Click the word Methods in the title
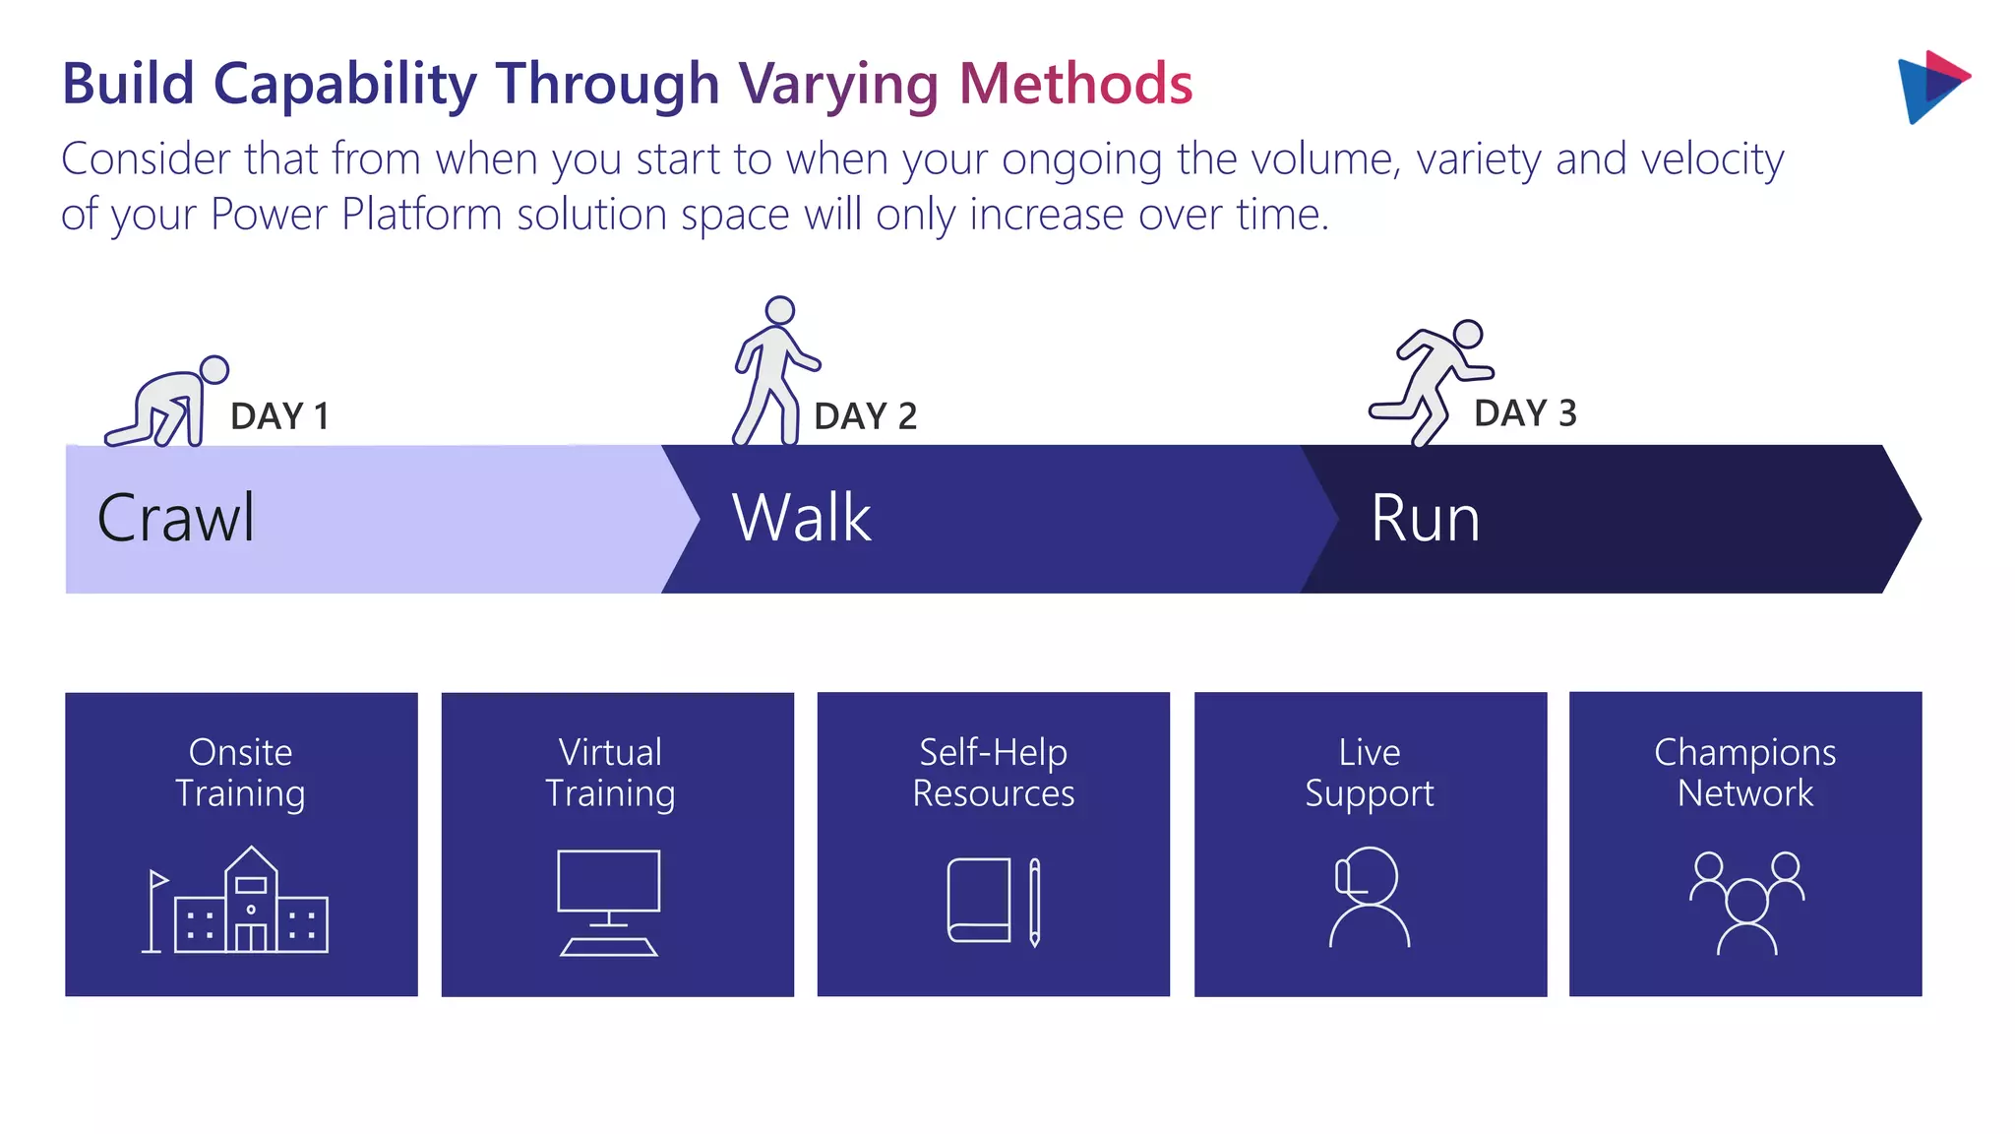[1075, 84]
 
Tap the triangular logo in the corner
[1931, 87]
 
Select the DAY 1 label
[279, 416]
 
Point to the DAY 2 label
[866, 416]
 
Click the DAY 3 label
[1525, 413]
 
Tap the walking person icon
[775, 372]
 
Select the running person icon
[1433, 382]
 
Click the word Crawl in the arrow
[176, 518]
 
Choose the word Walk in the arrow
[802, 518]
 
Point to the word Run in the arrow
[1425, 519]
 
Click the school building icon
[237, 901]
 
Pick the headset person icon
[1369, 897]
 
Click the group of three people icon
[1746, 902]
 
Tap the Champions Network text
[1744, 773]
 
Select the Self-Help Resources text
[994, 773]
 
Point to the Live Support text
[1370, 773]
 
